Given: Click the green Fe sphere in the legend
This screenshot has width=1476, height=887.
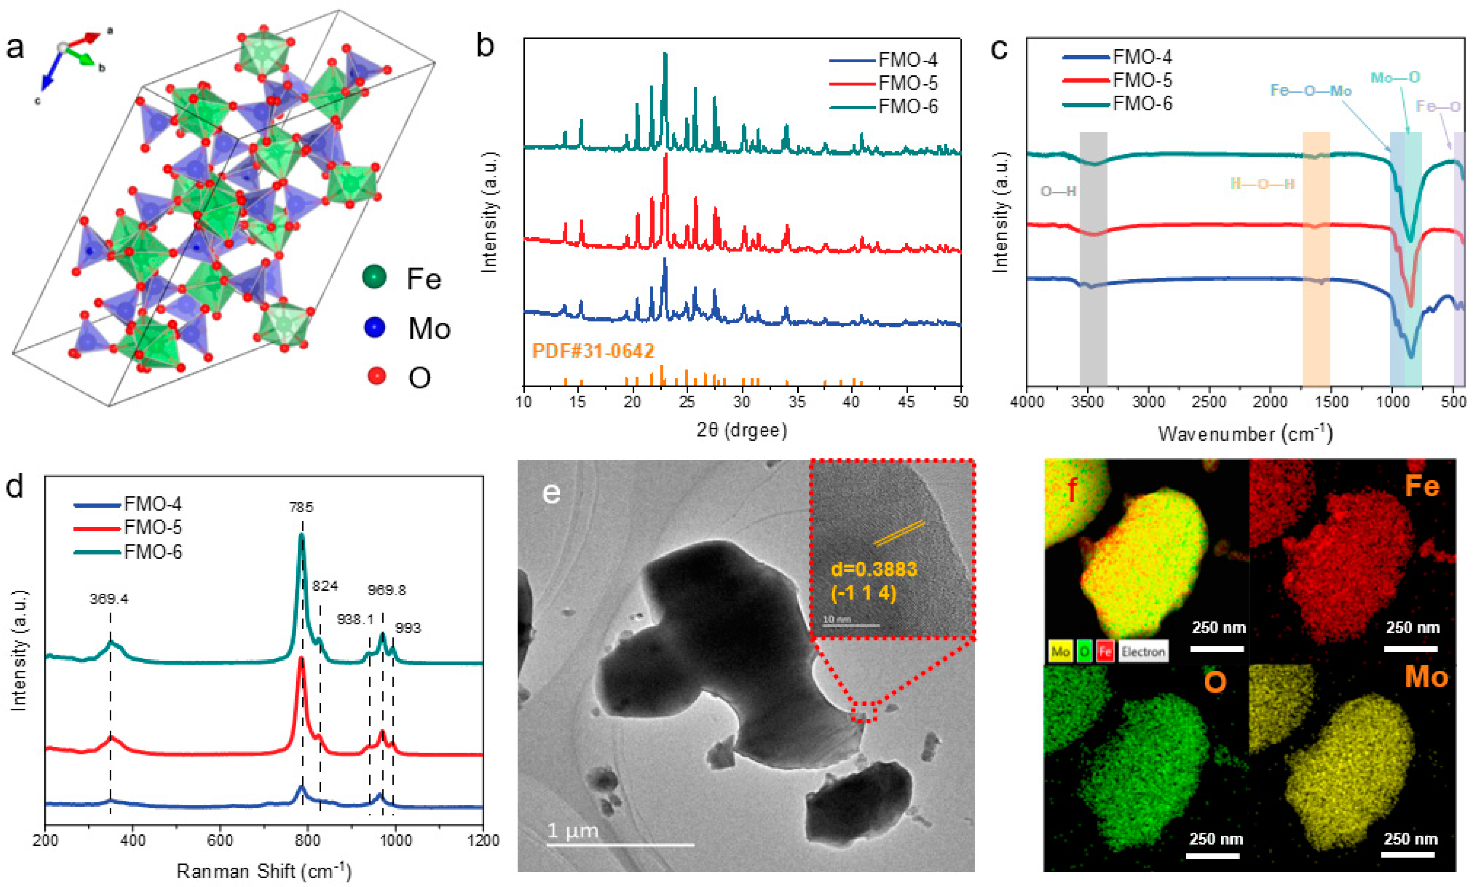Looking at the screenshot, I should pos(374,277).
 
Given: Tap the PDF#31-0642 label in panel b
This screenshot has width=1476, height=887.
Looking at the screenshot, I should pos(593,351).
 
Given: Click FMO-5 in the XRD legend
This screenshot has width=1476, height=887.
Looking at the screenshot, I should pos(908,83).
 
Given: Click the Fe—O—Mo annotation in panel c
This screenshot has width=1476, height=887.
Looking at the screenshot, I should pos(1311,91).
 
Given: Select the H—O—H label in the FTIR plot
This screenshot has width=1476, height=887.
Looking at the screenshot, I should pos(1262,183).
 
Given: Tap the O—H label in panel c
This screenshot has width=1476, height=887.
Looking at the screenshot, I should pos(1058,191).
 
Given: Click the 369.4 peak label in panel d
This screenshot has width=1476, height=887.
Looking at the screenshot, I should pos(109,599).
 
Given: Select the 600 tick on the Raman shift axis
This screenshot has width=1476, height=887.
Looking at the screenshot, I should pos(220,841).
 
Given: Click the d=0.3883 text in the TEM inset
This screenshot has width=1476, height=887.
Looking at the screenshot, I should pos(874,569).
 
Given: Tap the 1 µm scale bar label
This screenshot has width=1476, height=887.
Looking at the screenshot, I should pos(573,830).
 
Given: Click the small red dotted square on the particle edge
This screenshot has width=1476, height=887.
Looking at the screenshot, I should pos(864,711).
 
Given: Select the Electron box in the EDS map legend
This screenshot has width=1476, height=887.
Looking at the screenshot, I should pos(1143,651).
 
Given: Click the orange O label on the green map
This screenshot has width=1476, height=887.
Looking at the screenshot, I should pos(1215,682).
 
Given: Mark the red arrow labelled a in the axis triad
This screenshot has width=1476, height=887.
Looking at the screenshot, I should pos(87,39).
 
